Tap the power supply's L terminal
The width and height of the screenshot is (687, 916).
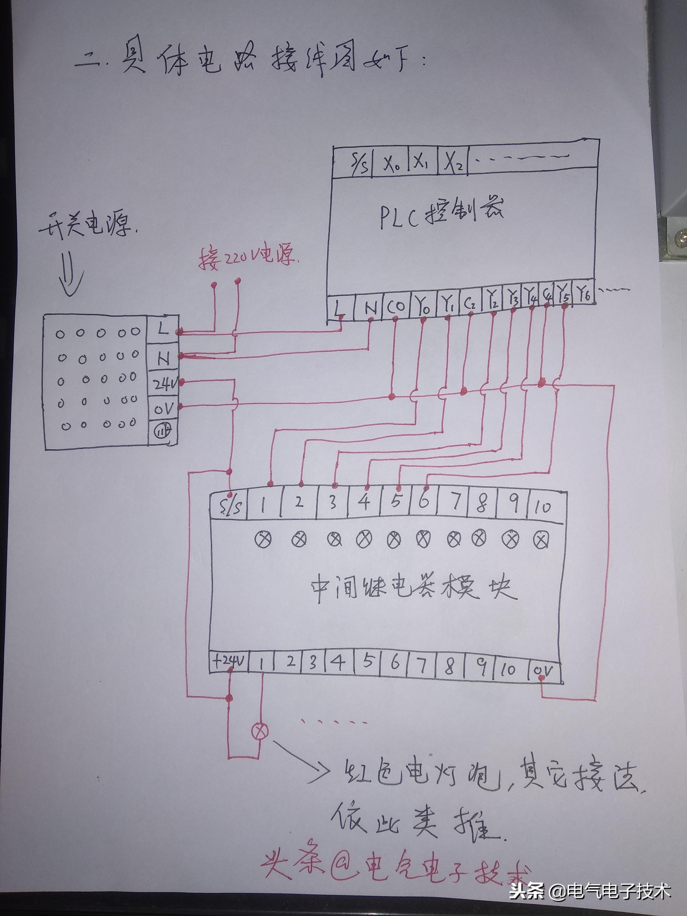point(163,330)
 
